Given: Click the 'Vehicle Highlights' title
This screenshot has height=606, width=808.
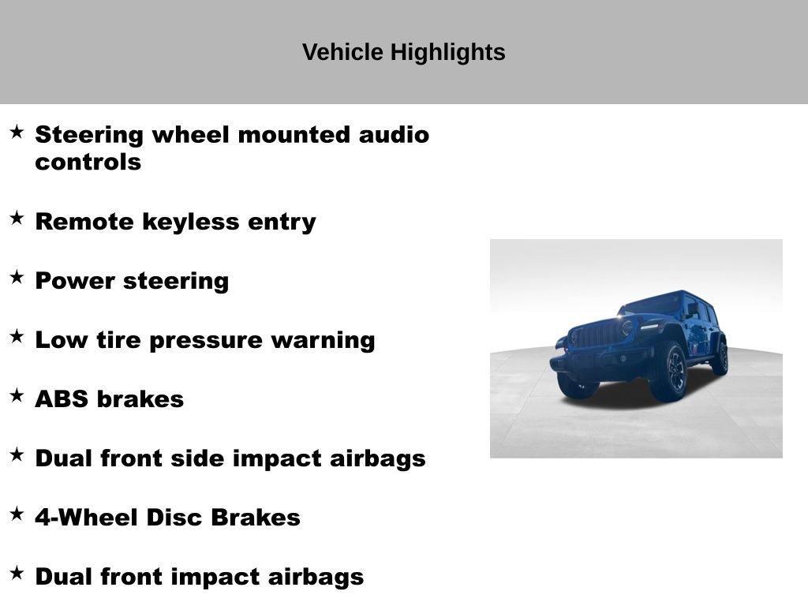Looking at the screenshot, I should (403, 52).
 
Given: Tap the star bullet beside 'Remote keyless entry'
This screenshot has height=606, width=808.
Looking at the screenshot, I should (17, 218).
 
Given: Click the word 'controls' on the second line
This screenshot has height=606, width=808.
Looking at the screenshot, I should (88, 163).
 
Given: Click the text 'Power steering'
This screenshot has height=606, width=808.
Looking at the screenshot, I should (132, 281).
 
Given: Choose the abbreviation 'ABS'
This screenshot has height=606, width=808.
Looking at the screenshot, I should (62, 399).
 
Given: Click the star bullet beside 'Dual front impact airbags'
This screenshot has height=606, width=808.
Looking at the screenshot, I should (17, 573).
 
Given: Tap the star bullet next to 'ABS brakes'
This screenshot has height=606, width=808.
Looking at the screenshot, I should (17, 395).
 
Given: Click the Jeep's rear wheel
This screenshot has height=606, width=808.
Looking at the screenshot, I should (719, 357).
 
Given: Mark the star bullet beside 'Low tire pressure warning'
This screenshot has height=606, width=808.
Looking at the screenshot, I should (17, 336).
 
